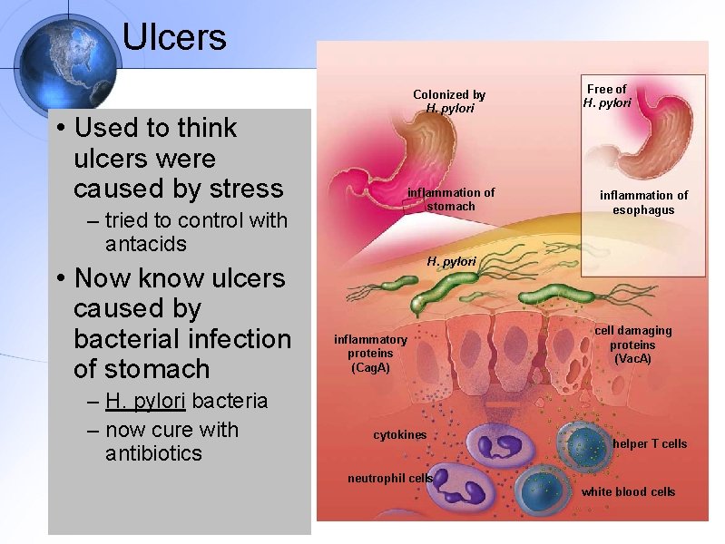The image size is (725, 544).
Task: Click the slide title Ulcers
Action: (173, 37)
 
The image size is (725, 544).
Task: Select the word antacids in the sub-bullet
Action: (146, 244)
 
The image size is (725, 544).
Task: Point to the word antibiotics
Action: (153, 453)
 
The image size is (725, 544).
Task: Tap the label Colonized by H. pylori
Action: (449, 101)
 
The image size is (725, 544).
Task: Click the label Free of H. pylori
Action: (607, 95)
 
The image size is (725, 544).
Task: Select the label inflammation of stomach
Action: (451, 199)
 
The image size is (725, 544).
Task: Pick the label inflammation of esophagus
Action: (643, 202)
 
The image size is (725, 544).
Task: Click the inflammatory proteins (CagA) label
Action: (370, 354)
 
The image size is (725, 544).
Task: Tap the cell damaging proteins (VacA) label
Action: (633, 345)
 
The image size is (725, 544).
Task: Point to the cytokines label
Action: (399, 435)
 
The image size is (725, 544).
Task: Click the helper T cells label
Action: (650, 443)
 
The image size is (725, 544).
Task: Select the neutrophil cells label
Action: (390, 478)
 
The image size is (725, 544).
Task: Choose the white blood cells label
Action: (628, 491)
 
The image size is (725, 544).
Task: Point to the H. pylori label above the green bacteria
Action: (451, 261)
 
